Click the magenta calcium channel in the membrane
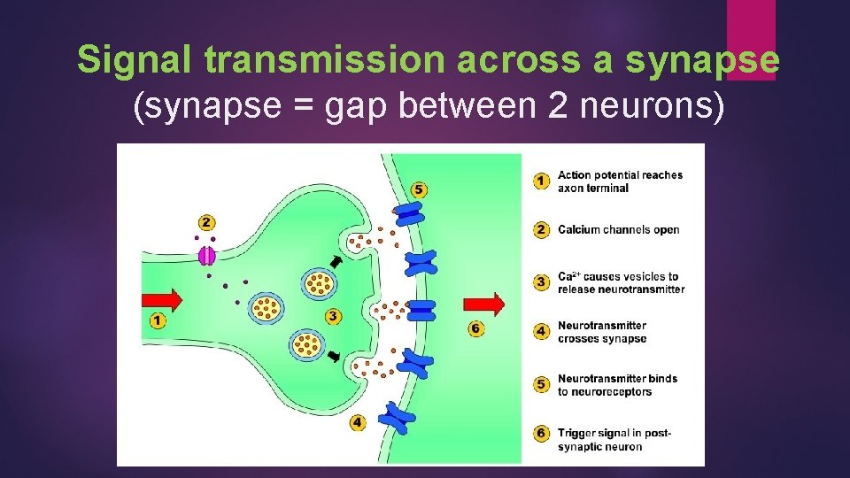coord(206,255)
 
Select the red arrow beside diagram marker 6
coord(484,305)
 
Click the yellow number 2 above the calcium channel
coord(206,222)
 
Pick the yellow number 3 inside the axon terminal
coord(332,315)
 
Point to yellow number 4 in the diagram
coord(357,422)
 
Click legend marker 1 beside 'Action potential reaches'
coord(540,181)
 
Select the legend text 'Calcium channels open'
coord(618,230)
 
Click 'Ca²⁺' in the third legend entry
coord(568,277)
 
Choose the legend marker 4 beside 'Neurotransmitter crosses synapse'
coord(540,332)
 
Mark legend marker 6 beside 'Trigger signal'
coord(540,434)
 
